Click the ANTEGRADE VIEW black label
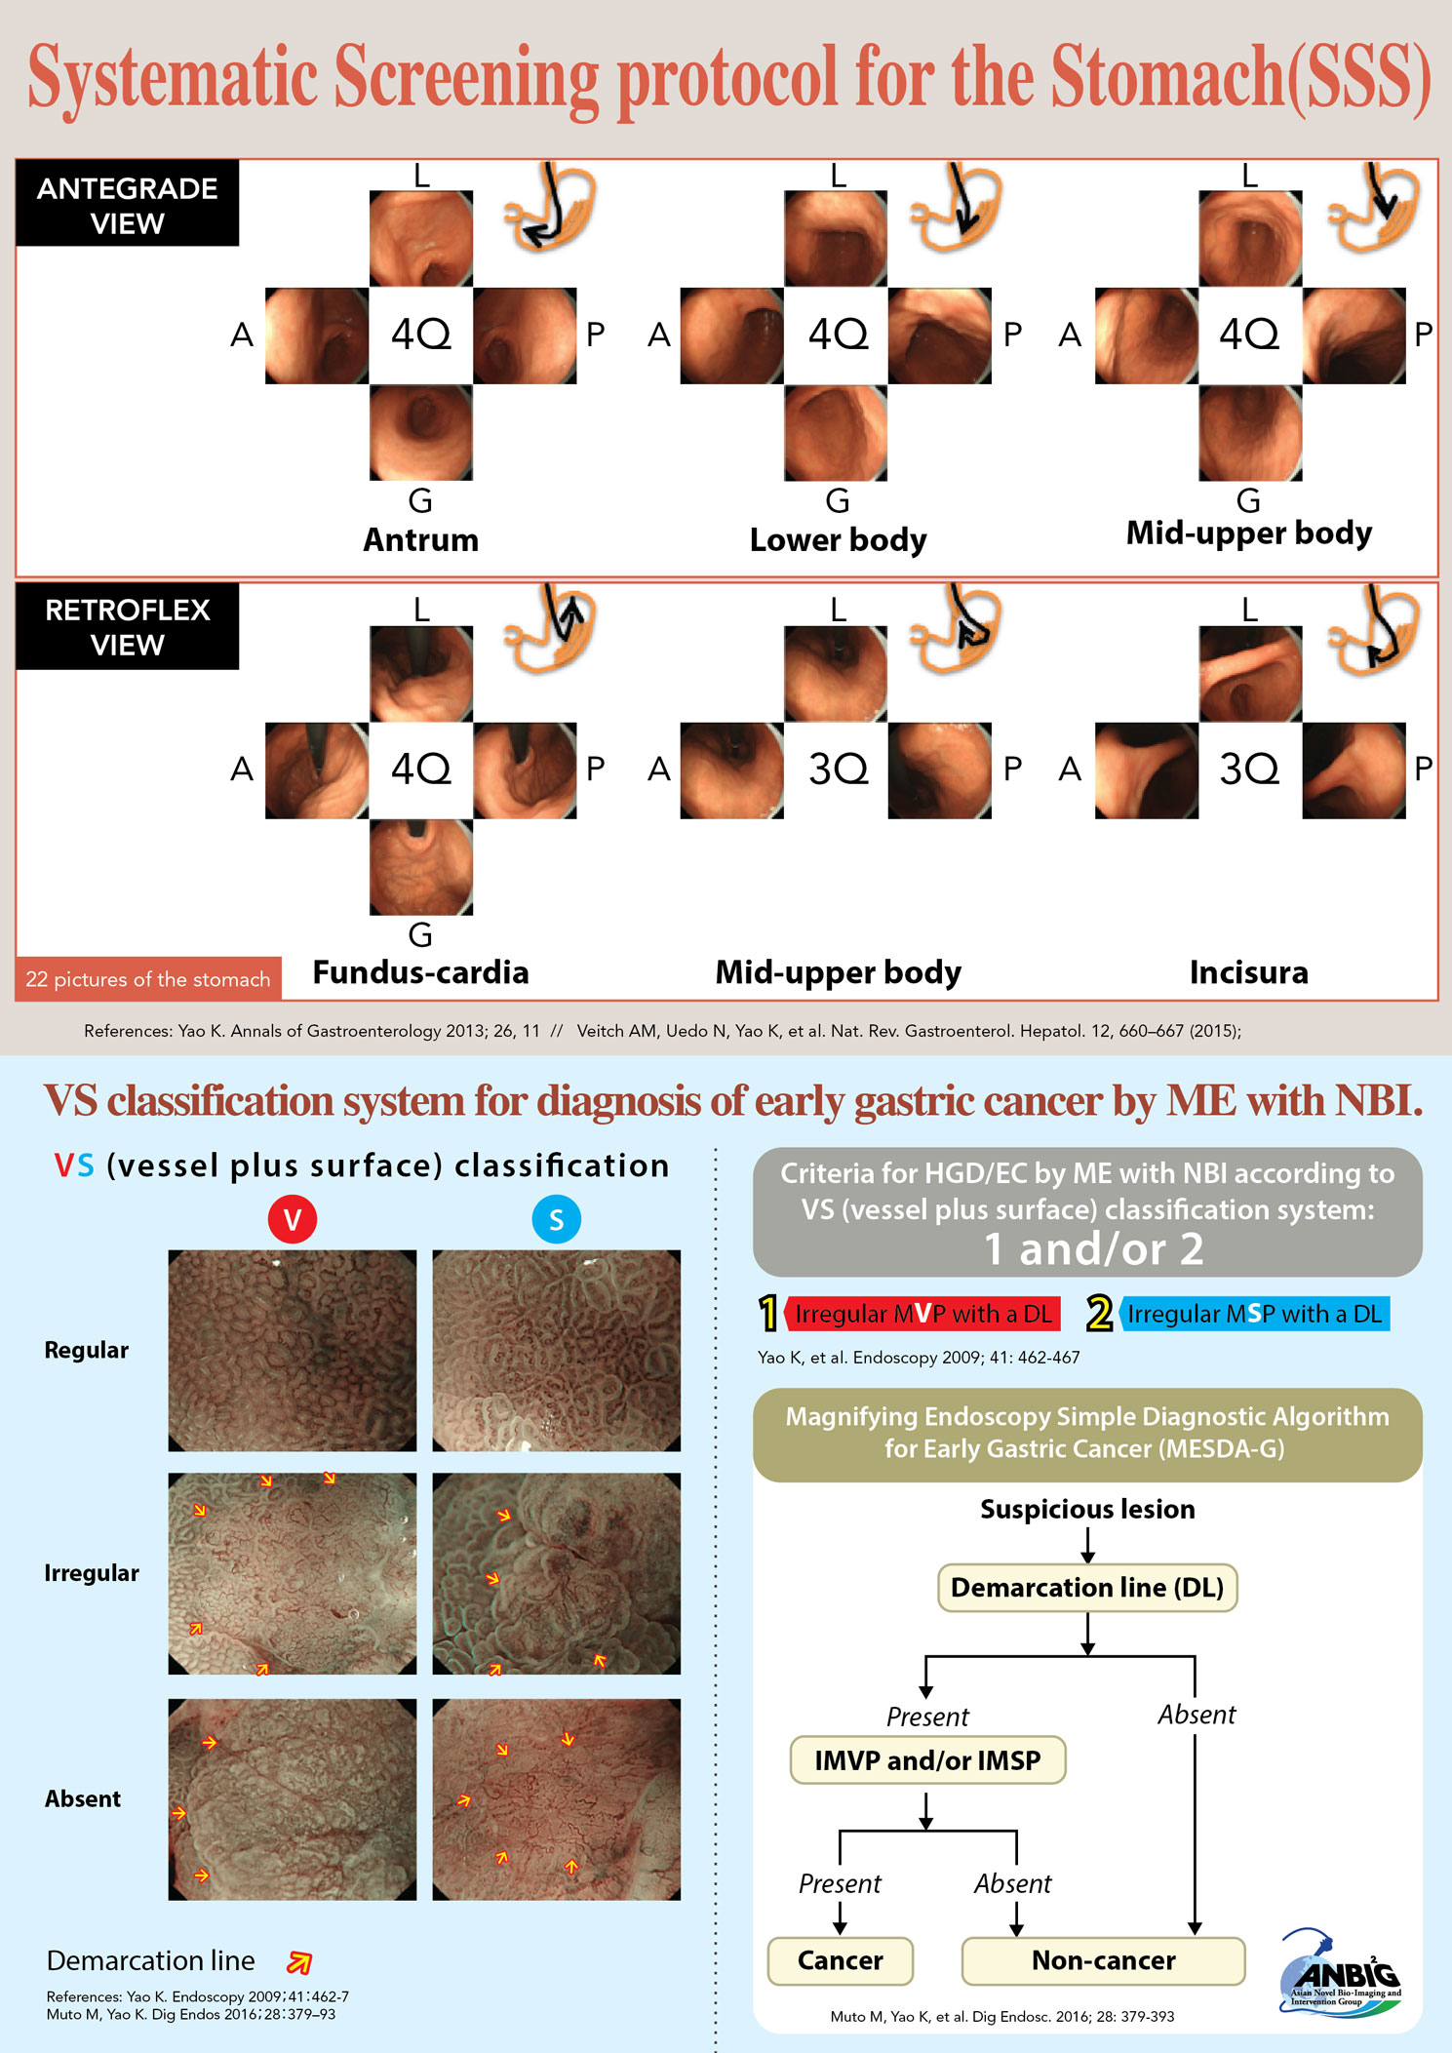pyautogui.click(x=127, y=205)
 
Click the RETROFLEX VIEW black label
pyautogui.click(x=127, y=627)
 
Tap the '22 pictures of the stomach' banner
pyautogui.click(x=148, y=979)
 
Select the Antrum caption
pyautogui.click(x=420, y=540)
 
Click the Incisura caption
pyautogui.click(x=1248, y=972)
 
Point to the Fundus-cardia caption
pyautogui.click(x=420, y=972)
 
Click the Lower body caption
pyautogui.click(x=838, y=540)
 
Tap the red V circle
pyautogui.click(x=292, y=1219)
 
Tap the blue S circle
pyautogui.click(x=556, y=1219)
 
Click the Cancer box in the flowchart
pyautogui.click(x=840, y=1960)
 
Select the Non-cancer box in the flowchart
pyautogui.click(x=1103, y=1960)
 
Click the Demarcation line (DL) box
pyautogui.click(x=1086, y=1588)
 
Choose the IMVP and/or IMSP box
pyautogui.click(x=927, y=1760)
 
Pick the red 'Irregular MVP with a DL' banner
pyautogui.click(x=922, y=1314)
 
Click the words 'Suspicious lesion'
pyautogui.click(x=1086, y=1510)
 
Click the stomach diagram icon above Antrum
pyautogui.click(x=550, y=208)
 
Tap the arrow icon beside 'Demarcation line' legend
pyautogui.click(x=299, y=1962)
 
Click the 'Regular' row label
pyautogui.click(x=86, y=1351)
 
